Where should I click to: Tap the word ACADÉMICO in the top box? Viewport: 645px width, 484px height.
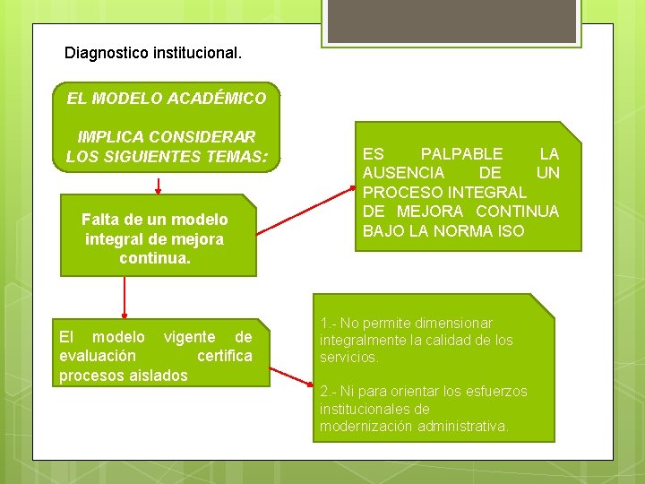[x=223, y=99]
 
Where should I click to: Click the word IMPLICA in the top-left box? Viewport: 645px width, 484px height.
[x=110, y=137]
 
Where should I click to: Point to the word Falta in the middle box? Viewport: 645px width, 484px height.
[x=99, y=220]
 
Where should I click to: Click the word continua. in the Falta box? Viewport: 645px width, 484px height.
[x=154, y=259]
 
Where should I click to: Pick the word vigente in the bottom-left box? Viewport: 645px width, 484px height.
[x=189, y=337]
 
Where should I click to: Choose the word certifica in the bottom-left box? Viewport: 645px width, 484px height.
[x=224, y=356]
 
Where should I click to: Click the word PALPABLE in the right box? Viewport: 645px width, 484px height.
[x=461, y=154]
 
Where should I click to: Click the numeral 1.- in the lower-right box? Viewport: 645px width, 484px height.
[x=328, y=323]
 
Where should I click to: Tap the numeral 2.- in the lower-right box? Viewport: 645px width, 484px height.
[x=328, y=392]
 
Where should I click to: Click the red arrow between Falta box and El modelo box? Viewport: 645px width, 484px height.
[x=125, y=297]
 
